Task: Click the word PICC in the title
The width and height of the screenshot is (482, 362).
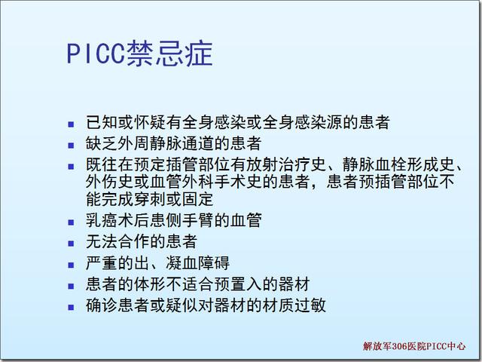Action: point(96,54)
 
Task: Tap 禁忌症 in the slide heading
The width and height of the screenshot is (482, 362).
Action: point(169,54)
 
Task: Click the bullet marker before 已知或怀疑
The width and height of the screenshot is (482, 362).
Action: point(71,124)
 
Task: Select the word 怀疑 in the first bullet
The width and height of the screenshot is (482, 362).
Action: point(150,122)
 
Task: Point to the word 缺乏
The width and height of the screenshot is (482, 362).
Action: point(102,143)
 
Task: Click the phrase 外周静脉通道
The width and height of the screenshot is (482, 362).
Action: point(166,143)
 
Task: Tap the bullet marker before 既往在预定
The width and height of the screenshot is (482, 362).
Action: point(71,167)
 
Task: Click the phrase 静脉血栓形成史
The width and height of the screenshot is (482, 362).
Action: point(398,164)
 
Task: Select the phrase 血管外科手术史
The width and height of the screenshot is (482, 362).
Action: point(206,181)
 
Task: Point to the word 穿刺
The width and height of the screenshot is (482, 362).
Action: point(150,198)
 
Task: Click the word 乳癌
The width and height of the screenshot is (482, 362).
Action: point(102,220)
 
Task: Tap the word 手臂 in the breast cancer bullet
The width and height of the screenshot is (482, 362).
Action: point(198,220)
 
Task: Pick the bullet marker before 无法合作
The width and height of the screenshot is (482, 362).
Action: point(71,244)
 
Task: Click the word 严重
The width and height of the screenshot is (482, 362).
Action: point(102,262)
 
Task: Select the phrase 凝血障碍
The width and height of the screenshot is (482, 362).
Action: point(197,262)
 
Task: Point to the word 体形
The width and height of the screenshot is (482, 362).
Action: point(150,284)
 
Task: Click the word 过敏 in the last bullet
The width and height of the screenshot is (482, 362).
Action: point(310,305)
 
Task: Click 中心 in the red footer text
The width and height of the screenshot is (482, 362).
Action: point(456,346)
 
